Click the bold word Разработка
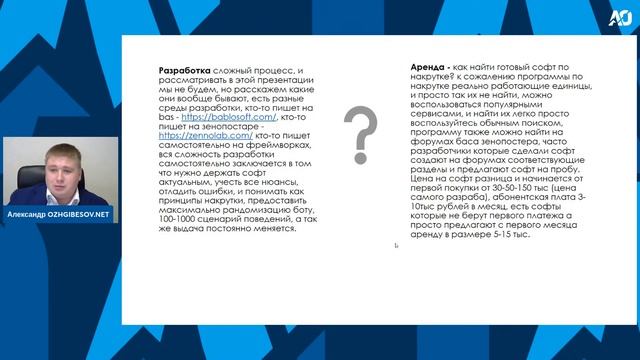click(185, 72)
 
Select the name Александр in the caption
click(31, 215)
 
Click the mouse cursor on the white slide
click(396, 245)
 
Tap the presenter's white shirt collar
click(58, 189)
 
